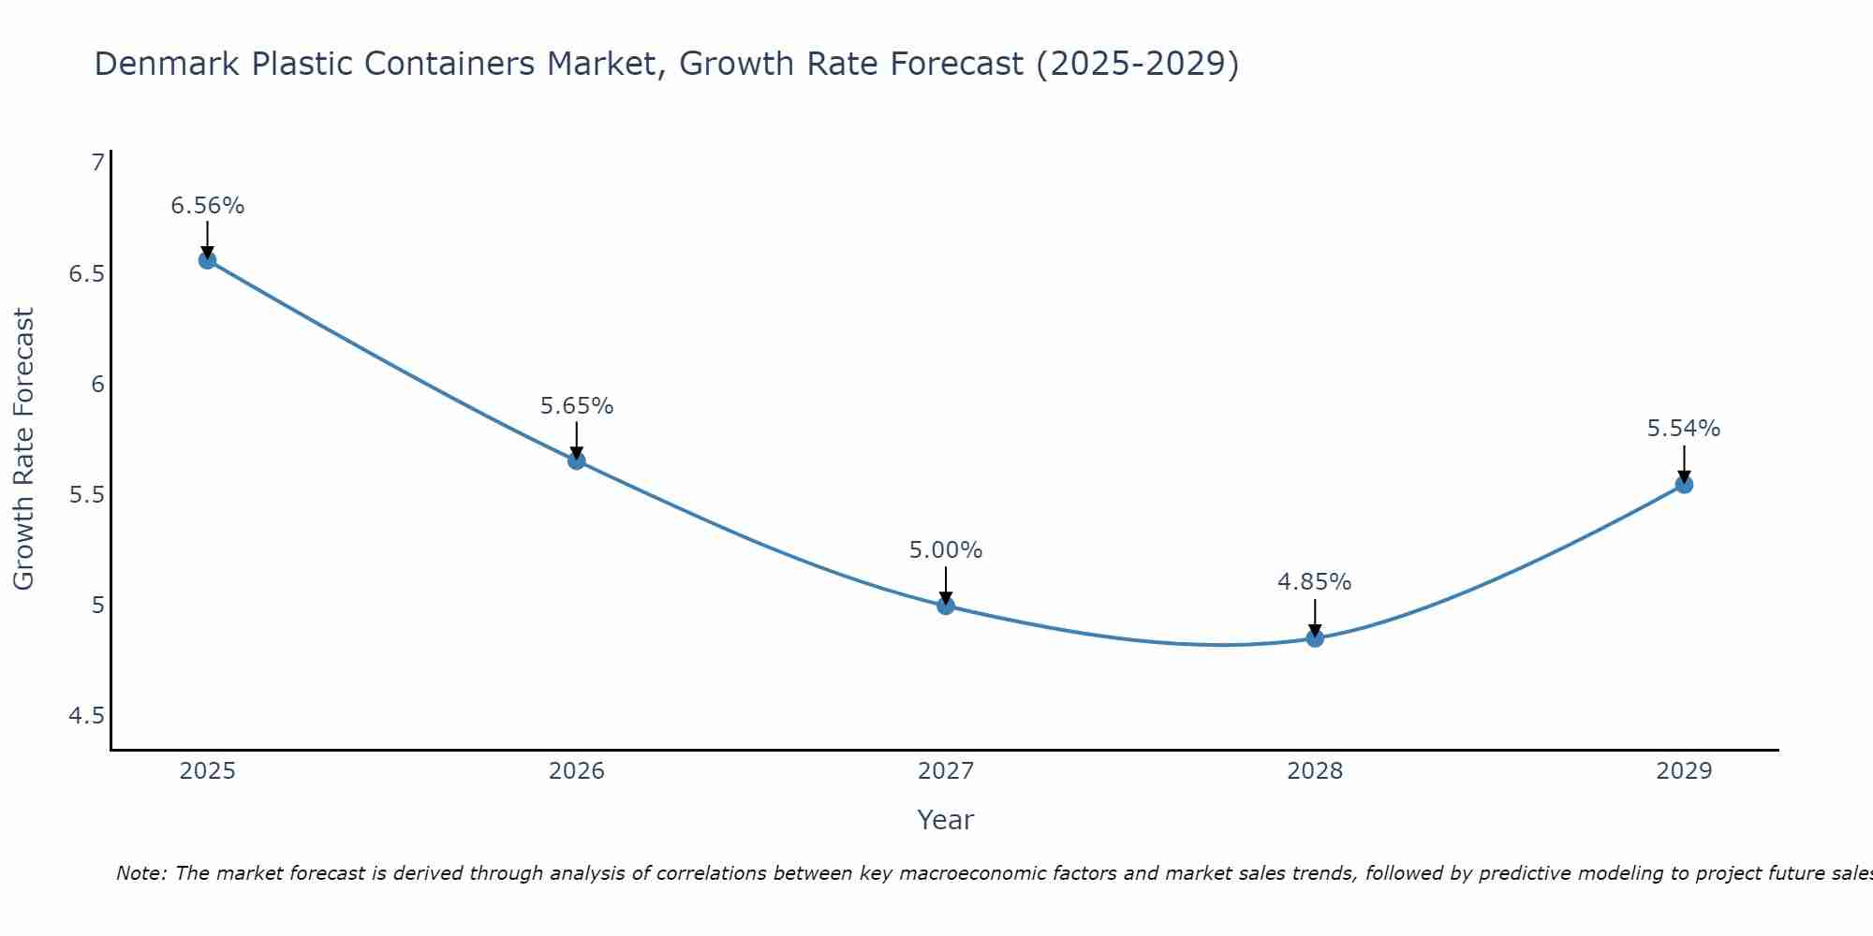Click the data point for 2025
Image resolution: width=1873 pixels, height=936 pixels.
point(207,260)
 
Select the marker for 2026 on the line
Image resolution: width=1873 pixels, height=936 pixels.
point(576,461)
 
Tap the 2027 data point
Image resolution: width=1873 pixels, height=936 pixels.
point(946,606)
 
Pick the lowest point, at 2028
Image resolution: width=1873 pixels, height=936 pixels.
point(1315,638)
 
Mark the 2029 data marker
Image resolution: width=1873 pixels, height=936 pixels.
point(1684,485)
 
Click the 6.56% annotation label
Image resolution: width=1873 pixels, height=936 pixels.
point(207,206)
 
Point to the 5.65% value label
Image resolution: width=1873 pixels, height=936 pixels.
point(576,406)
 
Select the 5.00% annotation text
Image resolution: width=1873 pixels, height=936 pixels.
point(946,550)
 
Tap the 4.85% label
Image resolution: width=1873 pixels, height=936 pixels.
point(1315,582)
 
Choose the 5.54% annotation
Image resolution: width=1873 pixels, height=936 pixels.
point(1684,429)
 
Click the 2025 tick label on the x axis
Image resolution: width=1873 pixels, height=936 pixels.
point(207,771)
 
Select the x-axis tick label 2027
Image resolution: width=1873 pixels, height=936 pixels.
point(946,771)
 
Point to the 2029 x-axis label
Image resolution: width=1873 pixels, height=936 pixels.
point(1684,771)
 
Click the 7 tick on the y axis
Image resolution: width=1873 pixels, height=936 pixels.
point(97,164)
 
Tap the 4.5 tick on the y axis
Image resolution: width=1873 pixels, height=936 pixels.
point(86,716)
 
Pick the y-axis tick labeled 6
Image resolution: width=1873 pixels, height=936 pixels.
point(97,385)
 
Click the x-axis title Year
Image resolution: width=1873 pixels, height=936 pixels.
point(946,820)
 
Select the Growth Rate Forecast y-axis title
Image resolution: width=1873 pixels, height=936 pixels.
point(24,449)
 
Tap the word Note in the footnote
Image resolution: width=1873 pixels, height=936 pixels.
point(140,873)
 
